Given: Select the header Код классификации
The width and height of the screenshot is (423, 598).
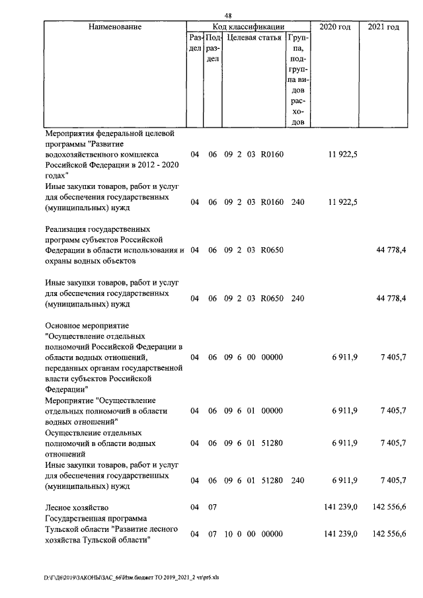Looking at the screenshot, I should click(249, 26).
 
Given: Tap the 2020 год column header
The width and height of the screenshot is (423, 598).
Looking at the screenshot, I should click(334, 26).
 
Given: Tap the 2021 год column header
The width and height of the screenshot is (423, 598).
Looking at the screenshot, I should click(383, 26).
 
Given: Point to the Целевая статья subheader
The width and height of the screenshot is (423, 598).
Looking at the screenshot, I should click(254, 38).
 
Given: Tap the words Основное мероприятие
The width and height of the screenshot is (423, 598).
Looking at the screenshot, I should click(88, 326).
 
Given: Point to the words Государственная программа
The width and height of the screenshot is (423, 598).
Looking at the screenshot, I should click(100, 518).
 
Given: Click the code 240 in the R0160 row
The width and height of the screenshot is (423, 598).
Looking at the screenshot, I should click(297, 202).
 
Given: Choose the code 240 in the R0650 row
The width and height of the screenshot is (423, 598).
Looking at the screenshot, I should click(297, 299).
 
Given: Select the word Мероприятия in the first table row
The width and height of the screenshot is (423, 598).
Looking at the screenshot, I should click(70, 133).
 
